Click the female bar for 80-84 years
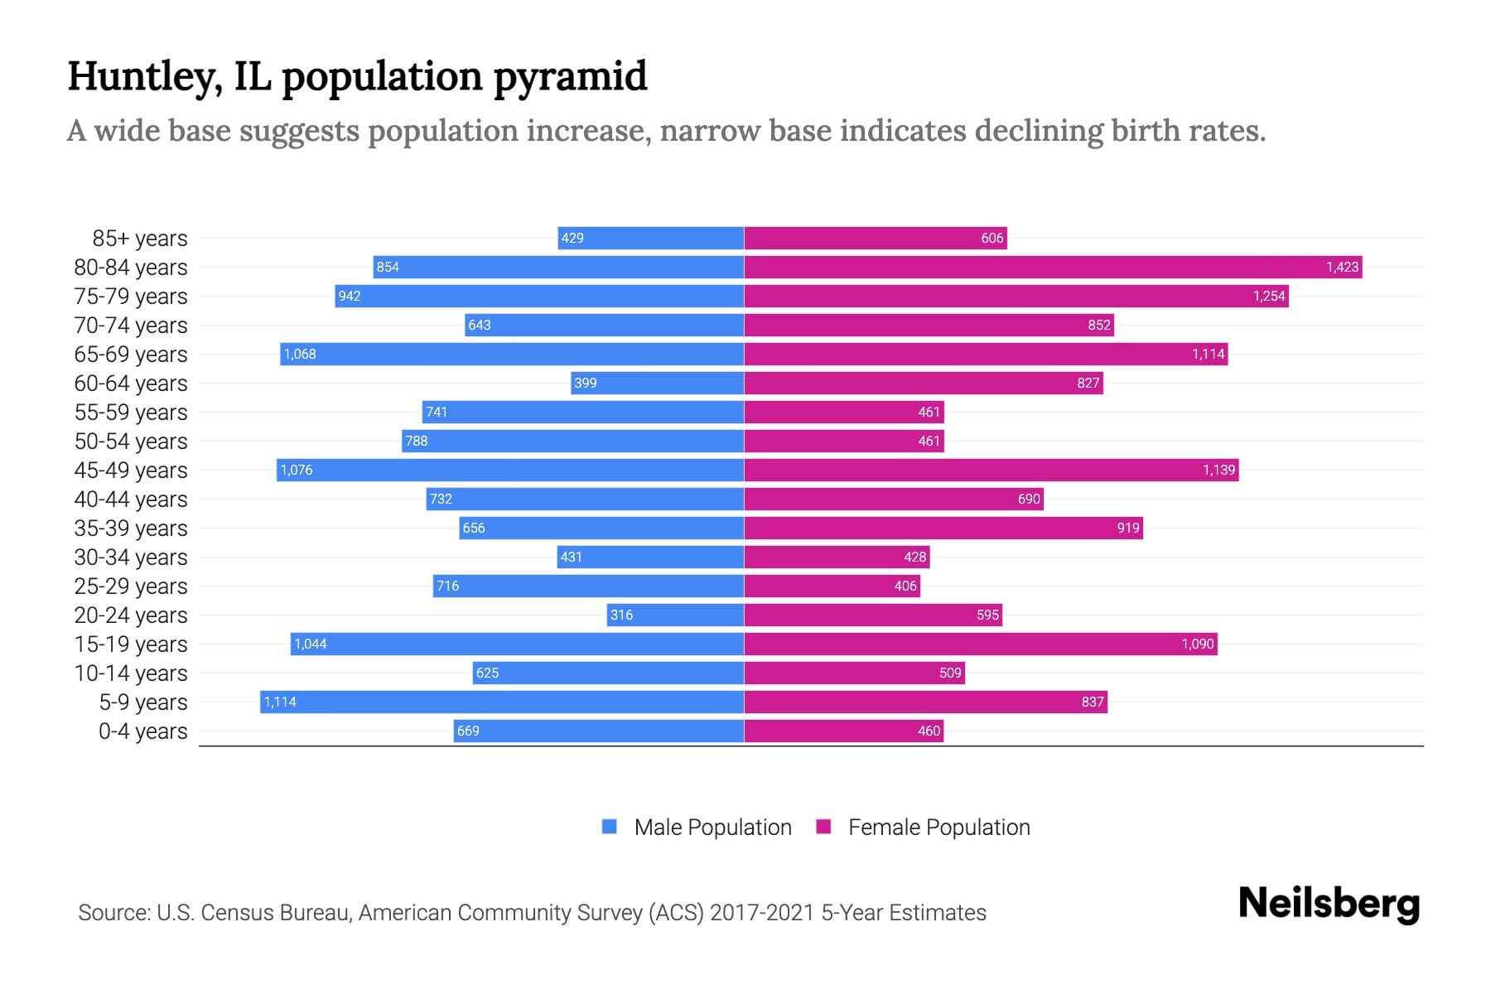pyautogui.click(x=1052, y=267)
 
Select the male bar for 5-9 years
pyautogui.click(x=502, y=702)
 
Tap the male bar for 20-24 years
pyautogui.click(x=675, y=615)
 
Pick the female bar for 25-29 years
pyautogui.click(x=832, y=586)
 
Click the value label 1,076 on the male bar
pyautogui.click(x=297, y=470)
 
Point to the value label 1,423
pyautogui.click(x=1342, y=267)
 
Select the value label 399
pyautogui.click(x=586, y=383)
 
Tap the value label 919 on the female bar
pyautogui.click(x=1128, y=528)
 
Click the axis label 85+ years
pyautogui.click(x=140, y=239)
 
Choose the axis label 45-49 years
pyautogui.click(x=131, y=470)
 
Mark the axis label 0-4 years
pyautogui.click(x=142, y=731)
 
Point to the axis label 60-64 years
pyautogui.click(x=131, y=384)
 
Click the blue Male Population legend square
pyautogui.click(x=610, y=827)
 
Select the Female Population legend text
pyautogui.click(x=939, y=827)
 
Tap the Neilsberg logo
pyautogui.click(x=1329, y=904)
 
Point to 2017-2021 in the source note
pyautogui.click(x=762, y=913)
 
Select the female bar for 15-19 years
pyautogui.click(x=981, y=644)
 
